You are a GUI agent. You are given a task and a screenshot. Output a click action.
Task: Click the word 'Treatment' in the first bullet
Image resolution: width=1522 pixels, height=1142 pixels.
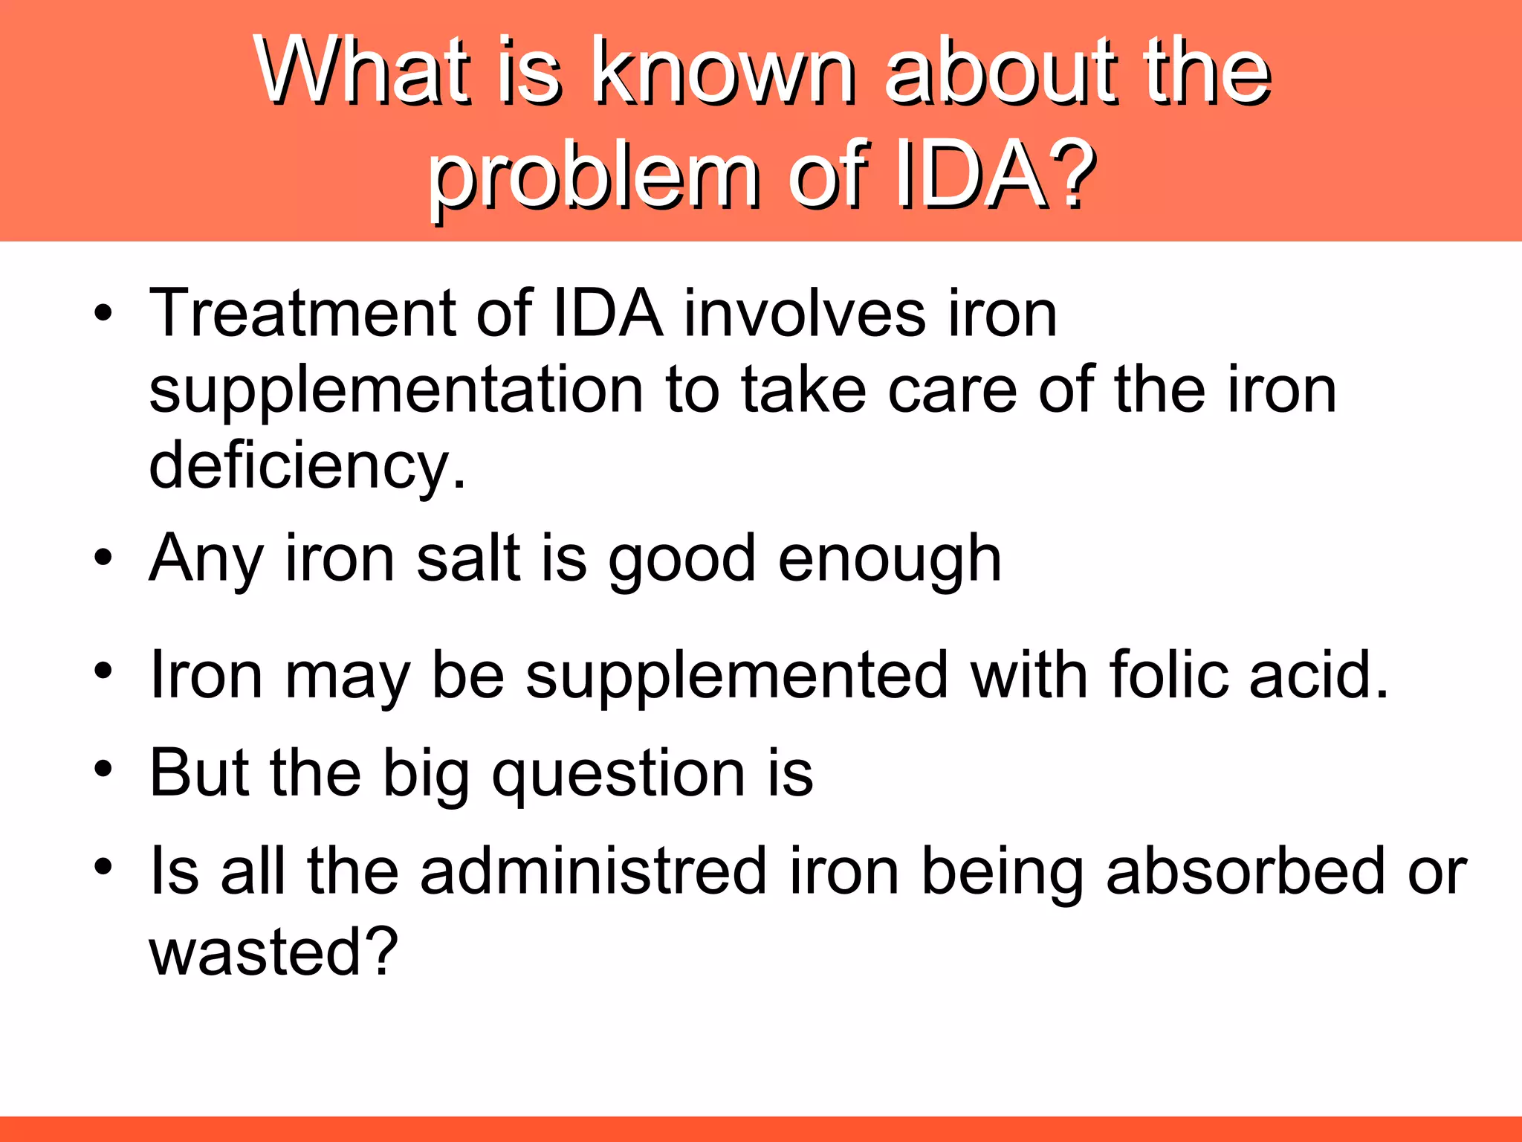click(x=301, y=314)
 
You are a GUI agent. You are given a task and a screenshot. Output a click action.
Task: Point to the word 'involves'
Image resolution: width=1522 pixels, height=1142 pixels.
click(x=804, y=314)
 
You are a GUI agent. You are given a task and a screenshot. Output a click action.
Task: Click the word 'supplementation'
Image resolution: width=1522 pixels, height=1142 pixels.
click(x=396, y=390)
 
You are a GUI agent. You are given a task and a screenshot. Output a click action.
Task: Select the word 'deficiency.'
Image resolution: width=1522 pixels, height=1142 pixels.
click(x=308, y=466)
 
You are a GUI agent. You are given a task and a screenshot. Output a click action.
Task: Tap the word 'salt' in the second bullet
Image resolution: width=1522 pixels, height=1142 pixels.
click(x=467, y=559)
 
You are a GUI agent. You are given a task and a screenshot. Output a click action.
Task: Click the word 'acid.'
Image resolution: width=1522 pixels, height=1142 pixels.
click(x=1318, y=675)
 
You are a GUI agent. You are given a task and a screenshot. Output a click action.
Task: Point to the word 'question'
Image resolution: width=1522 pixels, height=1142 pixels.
click(x=618, y=774)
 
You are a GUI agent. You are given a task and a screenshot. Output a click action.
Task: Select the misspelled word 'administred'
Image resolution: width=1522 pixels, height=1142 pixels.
click(x=593, y=871)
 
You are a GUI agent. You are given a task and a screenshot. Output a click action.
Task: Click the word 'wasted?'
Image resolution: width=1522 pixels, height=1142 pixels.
click(x=273, y=952)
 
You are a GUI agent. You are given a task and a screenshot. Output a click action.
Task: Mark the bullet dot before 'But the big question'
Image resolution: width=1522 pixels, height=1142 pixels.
click(x=103, y=770)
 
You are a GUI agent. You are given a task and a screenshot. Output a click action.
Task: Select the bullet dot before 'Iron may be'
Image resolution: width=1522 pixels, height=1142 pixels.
click(x=103, y=671)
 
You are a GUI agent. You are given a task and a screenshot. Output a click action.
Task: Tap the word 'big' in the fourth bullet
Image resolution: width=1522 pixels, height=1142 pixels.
click(x=425, y=774)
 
